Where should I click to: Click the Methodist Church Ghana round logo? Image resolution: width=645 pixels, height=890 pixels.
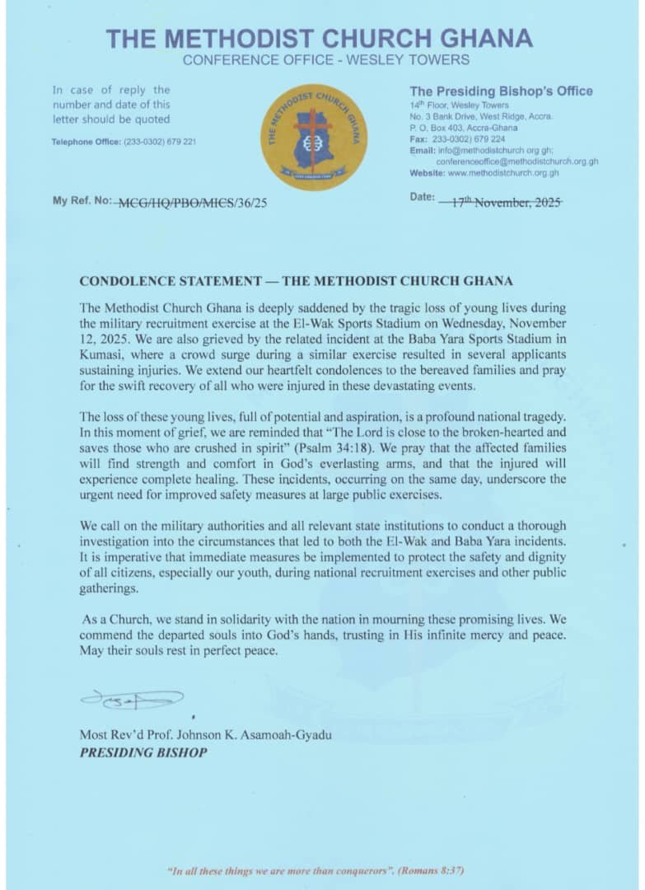[x=314, y=137]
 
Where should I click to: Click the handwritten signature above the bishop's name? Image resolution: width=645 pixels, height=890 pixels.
[x=132, y=700]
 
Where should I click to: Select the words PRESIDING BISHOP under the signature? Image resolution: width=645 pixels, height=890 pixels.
[x=143, y=752]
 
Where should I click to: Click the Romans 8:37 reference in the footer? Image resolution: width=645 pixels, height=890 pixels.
[x=437, y=869]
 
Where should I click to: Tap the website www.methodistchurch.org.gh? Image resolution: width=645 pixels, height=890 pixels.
[x=502, y=173]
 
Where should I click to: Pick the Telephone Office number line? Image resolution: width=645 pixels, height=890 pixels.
[x=124, y=142]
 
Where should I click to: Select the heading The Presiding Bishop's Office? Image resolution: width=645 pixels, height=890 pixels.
[x=501, y=91]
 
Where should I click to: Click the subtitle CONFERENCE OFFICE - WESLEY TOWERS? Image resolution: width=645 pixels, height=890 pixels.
[x=326, y=60]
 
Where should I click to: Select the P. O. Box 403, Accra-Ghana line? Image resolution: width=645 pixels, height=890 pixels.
[x=464, y=128]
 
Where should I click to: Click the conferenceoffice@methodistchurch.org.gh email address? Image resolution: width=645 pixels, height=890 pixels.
[x=516, y=162]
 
